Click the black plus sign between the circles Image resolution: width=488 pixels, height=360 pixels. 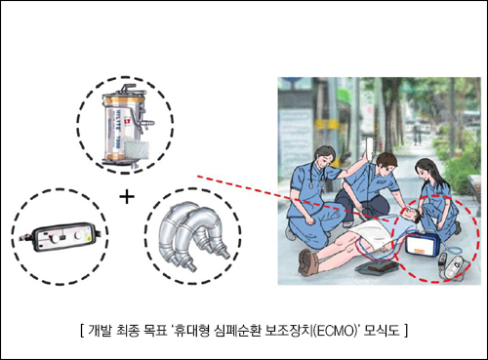point(127,197)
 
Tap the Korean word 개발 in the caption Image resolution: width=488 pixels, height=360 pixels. point(100,331)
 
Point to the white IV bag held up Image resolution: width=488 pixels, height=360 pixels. point(371,146)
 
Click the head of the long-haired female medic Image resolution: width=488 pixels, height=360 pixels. point(426,170)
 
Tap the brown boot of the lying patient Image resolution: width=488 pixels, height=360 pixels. point(307,261)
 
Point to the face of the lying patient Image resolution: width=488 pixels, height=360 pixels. point(409,214)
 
